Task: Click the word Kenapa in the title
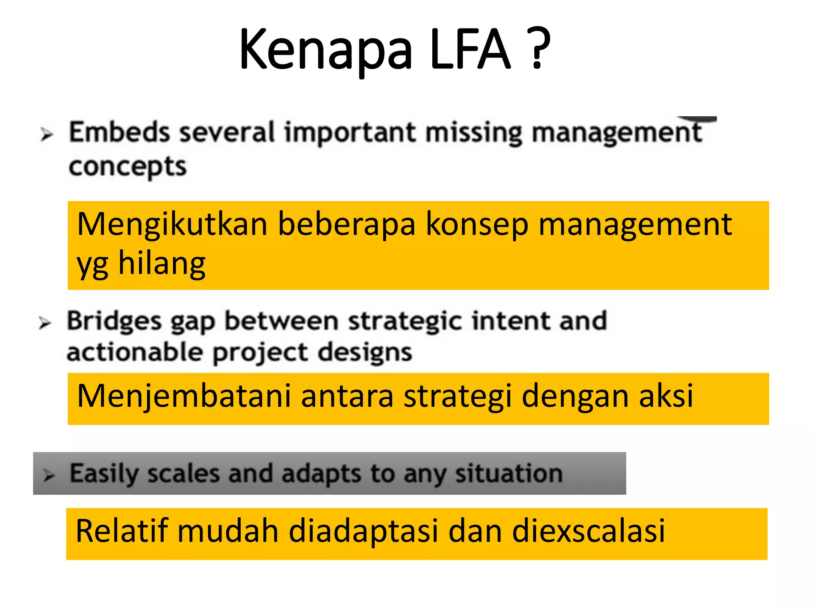click(x=326, y=50)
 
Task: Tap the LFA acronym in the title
click(x=470, y=50)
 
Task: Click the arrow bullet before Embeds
click(x=46, y=135)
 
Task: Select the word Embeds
click(x=119, y=132)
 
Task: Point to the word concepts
click(x=127, y=167)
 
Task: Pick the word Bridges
click(x=114, y=321)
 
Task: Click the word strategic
click(x=405, y=321)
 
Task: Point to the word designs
click(x=365, y=353)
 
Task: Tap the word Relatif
click(x=121, y=531)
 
